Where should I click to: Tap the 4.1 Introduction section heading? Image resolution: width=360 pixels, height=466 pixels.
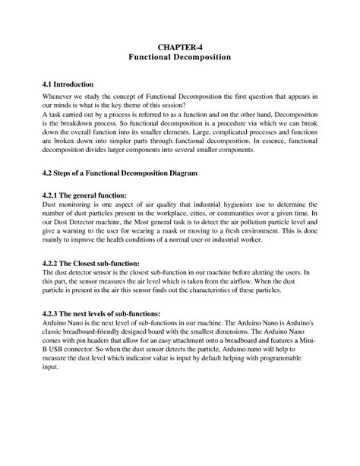pyautogui.click(x=68, y=84)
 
